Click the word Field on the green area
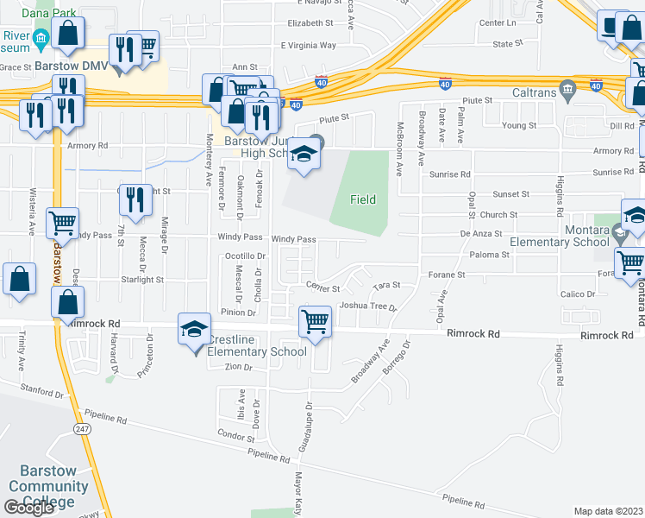tap(363, 199)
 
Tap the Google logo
tap(28, 508)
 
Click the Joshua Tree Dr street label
tap(367, 306)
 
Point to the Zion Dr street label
tap(237, 367)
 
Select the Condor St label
tap(235, 437)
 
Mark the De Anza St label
tap(480, 233)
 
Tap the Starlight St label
tap(141, 280)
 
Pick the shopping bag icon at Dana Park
tap(68, 34)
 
